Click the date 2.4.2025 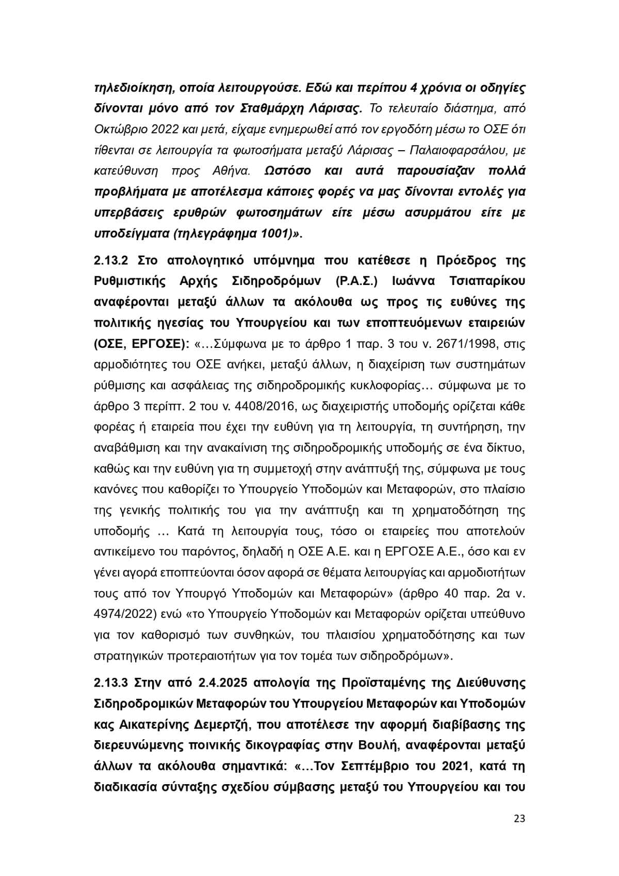(222, 682)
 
